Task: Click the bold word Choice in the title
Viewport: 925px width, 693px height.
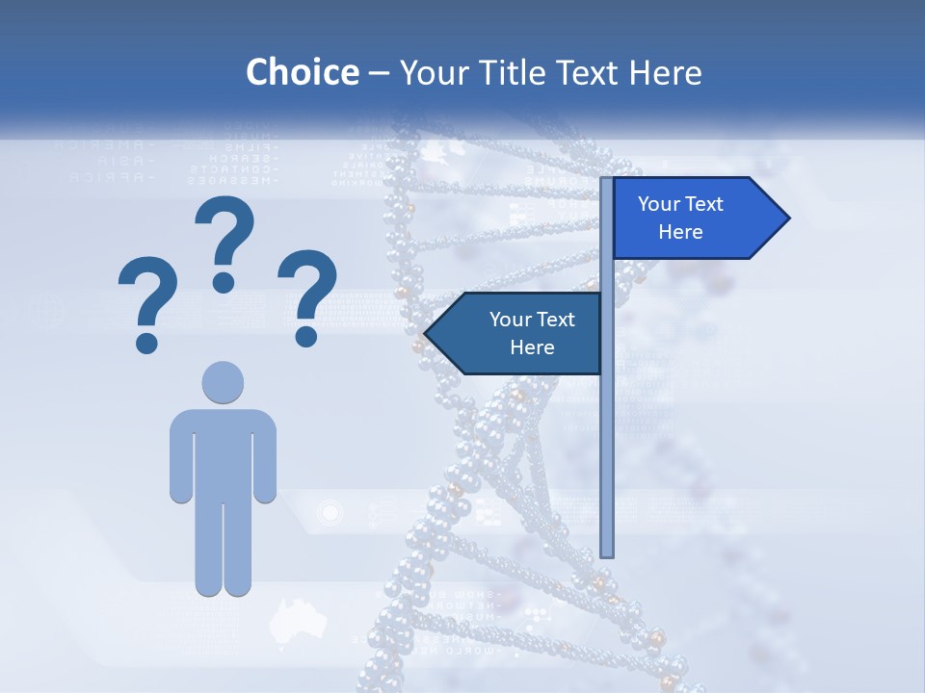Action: point(302,72)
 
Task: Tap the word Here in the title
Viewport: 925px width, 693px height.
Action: point(665,72)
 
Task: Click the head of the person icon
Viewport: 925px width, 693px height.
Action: point(223,382)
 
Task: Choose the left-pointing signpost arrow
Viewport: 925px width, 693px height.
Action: point(515,333)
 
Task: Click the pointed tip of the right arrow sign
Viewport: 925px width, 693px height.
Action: point(787,218)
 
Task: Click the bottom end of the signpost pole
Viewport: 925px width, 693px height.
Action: point(607,552)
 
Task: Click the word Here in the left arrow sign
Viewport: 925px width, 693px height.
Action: point(531,347)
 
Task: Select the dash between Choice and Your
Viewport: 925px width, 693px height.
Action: point(379,73)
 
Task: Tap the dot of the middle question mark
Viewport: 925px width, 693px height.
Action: point(224,282)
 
